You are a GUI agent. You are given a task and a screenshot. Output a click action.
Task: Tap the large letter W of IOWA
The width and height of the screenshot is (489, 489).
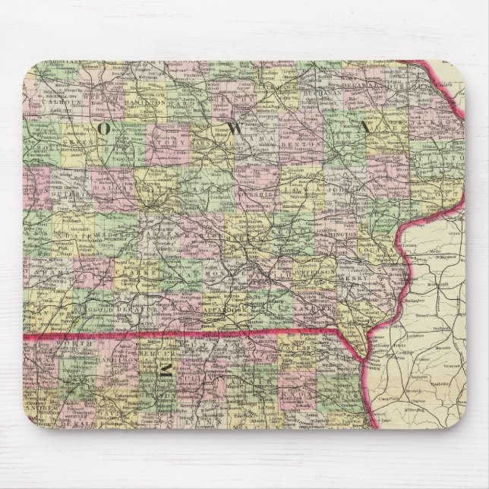tap(237, 128)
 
